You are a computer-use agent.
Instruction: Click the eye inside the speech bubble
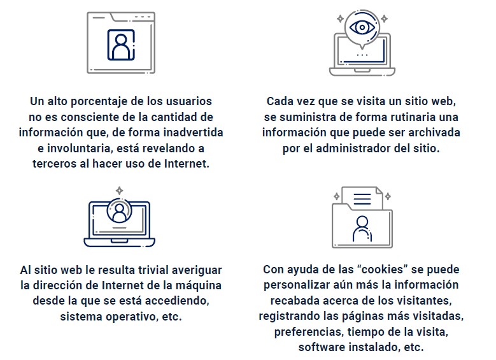pos(362,27)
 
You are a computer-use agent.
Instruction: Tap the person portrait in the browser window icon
pos(121,45)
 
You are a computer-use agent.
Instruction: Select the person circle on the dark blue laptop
pos(119,210)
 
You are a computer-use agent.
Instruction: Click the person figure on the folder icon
pos(362,229)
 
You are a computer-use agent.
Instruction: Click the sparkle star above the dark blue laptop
pos(119,191)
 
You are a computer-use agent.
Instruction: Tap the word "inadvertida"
pos(193,133)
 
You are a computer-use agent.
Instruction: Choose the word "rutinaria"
pos(412,117)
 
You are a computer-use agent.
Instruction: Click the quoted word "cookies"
pos(382,270)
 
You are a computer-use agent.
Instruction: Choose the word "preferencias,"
pos(309,332)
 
